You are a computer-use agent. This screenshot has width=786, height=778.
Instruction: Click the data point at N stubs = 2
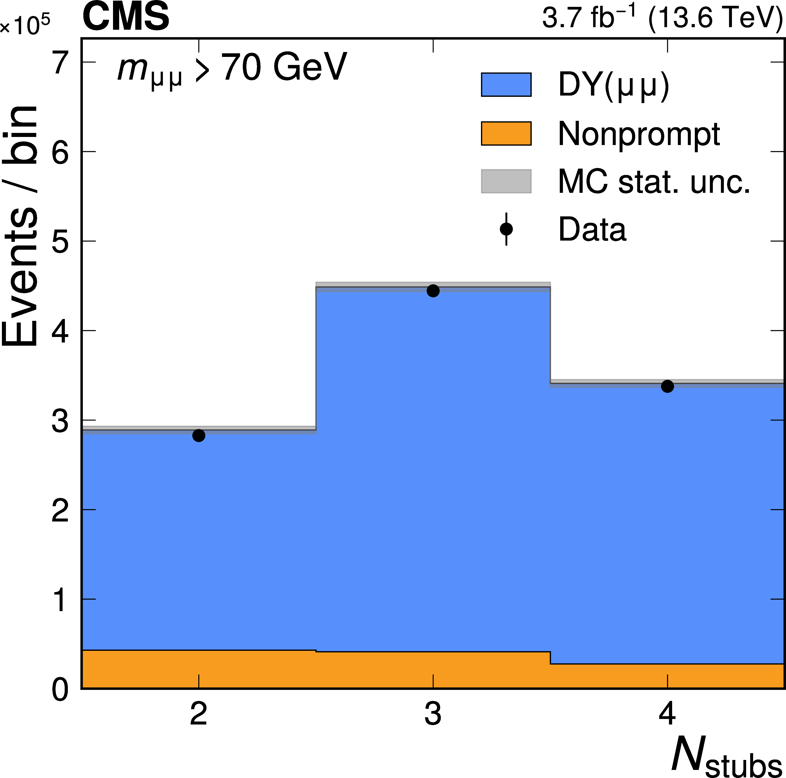click(x=198, y=436)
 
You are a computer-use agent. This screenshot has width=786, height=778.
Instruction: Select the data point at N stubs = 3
click(x=433, y=291)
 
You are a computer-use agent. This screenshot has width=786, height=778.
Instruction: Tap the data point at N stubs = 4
click(x=667, y=386)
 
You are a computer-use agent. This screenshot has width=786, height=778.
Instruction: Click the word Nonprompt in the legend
click(x=639, y=134)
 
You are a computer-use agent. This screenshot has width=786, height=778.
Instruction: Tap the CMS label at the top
click(x=126, y=17)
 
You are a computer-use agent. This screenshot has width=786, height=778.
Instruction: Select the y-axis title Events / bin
click(x=20, y=226)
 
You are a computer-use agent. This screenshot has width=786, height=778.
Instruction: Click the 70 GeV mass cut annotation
click(x=283, y=67)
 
